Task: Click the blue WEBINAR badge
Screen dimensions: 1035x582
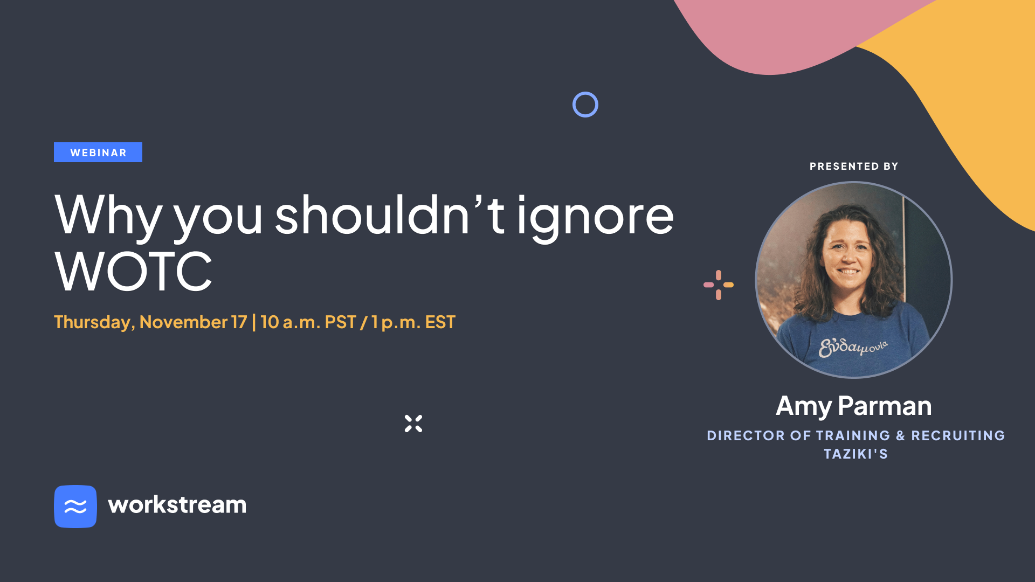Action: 98,153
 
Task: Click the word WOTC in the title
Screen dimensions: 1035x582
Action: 133,271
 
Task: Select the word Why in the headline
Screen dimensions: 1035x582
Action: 108,216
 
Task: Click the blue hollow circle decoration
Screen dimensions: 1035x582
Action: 585,93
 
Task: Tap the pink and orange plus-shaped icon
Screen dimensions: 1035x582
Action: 719,285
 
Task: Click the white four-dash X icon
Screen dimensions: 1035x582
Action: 413,424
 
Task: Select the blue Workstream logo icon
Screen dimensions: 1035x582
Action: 75,507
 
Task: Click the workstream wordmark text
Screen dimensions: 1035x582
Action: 177,505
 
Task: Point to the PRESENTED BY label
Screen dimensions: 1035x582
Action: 854,167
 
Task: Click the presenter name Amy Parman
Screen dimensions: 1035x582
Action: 854,406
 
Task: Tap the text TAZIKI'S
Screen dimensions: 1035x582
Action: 856,454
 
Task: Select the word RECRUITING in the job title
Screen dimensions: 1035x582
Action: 958,435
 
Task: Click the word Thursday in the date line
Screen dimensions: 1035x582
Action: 94,322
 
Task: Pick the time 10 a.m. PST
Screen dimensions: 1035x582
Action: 308,322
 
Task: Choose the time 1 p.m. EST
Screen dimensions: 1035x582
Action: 413,322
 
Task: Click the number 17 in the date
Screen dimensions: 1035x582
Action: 239,322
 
